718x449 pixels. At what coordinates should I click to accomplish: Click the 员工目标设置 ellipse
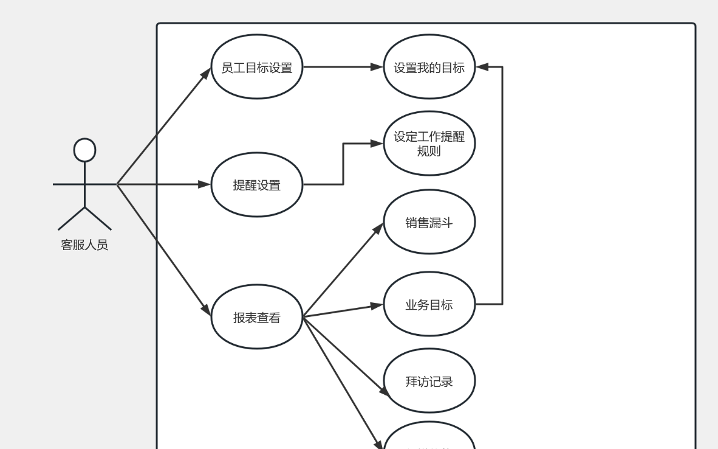pos(256,67)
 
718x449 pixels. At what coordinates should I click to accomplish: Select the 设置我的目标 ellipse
pos(429,67)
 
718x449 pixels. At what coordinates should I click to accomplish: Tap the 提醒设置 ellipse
pos(256,184)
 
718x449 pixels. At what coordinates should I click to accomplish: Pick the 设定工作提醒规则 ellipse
pos(429,144)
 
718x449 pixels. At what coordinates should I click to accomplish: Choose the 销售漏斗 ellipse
pos(429,222)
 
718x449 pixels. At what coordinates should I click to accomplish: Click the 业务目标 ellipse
pos(429,304)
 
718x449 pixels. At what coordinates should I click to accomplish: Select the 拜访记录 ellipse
pos(429,381)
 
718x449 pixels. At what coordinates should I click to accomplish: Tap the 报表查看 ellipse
pos(256,317)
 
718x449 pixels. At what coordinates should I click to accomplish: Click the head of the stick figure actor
pos(84,150)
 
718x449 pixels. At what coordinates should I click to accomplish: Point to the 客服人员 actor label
pos(84,245)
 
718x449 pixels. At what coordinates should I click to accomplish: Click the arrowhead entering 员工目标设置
pos(206,74)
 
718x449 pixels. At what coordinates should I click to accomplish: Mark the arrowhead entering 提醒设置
pos(205,184)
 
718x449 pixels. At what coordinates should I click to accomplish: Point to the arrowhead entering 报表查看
pos(205,310)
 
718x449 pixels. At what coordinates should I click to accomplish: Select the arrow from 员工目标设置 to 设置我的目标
pos(343,67)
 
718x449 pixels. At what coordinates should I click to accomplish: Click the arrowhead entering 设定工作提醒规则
pos(377,144)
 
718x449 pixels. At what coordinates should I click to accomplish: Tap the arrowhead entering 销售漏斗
pos(378,228)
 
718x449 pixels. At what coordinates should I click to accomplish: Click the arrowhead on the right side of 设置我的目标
pos(482,67)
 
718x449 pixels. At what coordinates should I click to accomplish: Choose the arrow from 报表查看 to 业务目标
pos(343,310)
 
